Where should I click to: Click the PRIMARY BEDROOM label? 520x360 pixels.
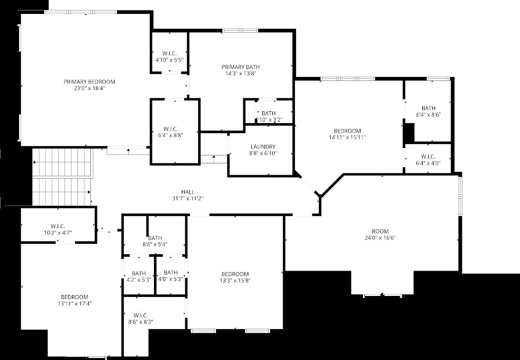(89, 81)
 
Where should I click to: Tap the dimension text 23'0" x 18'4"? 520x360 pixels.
(89, 88)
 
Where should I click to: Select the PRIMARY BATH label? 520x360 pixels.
(240, 67)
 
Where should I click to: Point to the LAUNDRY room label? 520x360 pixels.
(263, 147)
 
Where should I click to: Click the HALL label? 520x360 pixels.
(187, 192)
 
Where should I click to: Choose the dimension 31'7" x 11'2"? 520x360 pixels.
(187, 199)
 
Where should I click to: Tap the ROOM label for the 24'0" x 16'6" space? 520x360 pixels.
(380, 231)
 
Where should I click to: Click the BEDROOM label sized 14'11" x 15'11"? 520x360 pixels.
(348, 131)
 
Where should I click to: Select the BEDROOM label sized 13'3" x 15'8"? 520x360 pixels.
(235, 274)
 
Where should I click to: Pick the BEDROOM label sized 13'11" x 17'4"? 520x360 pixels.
(74, 297)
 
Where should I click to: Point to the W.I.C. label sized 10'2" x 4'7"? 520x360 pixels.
(58, 226)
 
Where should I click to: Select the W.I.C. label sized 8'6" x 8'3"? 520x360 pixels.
(141, 315)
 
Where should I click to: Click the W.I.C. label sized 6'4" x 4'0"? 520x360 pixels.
(428, 157)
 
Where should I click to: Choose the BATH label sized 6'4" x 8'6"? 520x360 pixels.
(428, 108)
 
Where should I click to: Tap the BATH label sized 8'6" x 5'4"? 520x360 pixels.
(154, 238)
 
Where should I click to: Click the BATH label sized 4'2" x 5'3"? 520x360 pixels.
(139, 273)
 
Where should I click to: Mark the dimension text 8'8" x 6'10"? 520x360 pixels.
(263, 153)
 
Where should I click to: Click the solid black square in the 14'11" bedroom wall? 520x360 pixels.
(408, 133)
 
